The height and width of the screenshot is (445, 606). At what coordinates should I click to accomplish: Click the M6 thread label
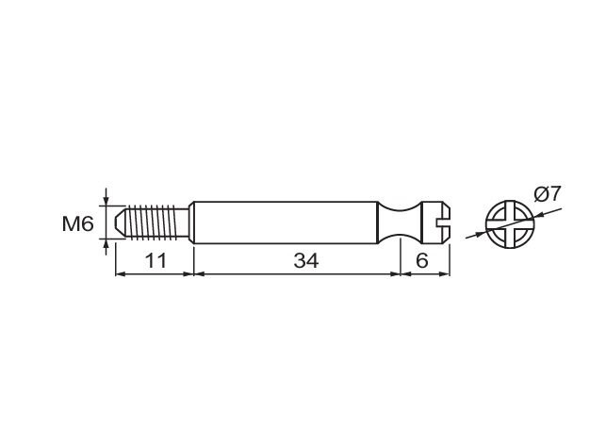click(77, 223)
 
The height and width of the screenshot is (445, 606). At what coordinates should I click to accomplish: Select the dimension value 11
click(156, 260)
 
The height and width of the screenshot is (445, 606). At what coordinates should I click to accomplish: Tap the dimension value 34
click(306, 260)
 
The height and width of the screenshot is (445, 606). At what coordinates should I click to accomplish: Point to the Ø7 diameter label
click(547, 194)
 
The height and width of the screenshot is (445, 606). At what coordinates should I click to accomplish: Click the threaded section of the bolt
click(155, 222)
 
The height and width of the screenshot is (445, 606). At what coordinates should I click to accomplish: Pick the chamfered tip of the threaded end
click(121, 222)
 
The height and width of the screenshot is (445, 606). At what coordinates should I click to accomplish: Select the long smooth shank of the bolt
click(286, 222)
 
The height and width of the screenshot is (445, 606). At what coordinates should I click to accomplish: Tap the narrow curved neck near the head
click(399, 222)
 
